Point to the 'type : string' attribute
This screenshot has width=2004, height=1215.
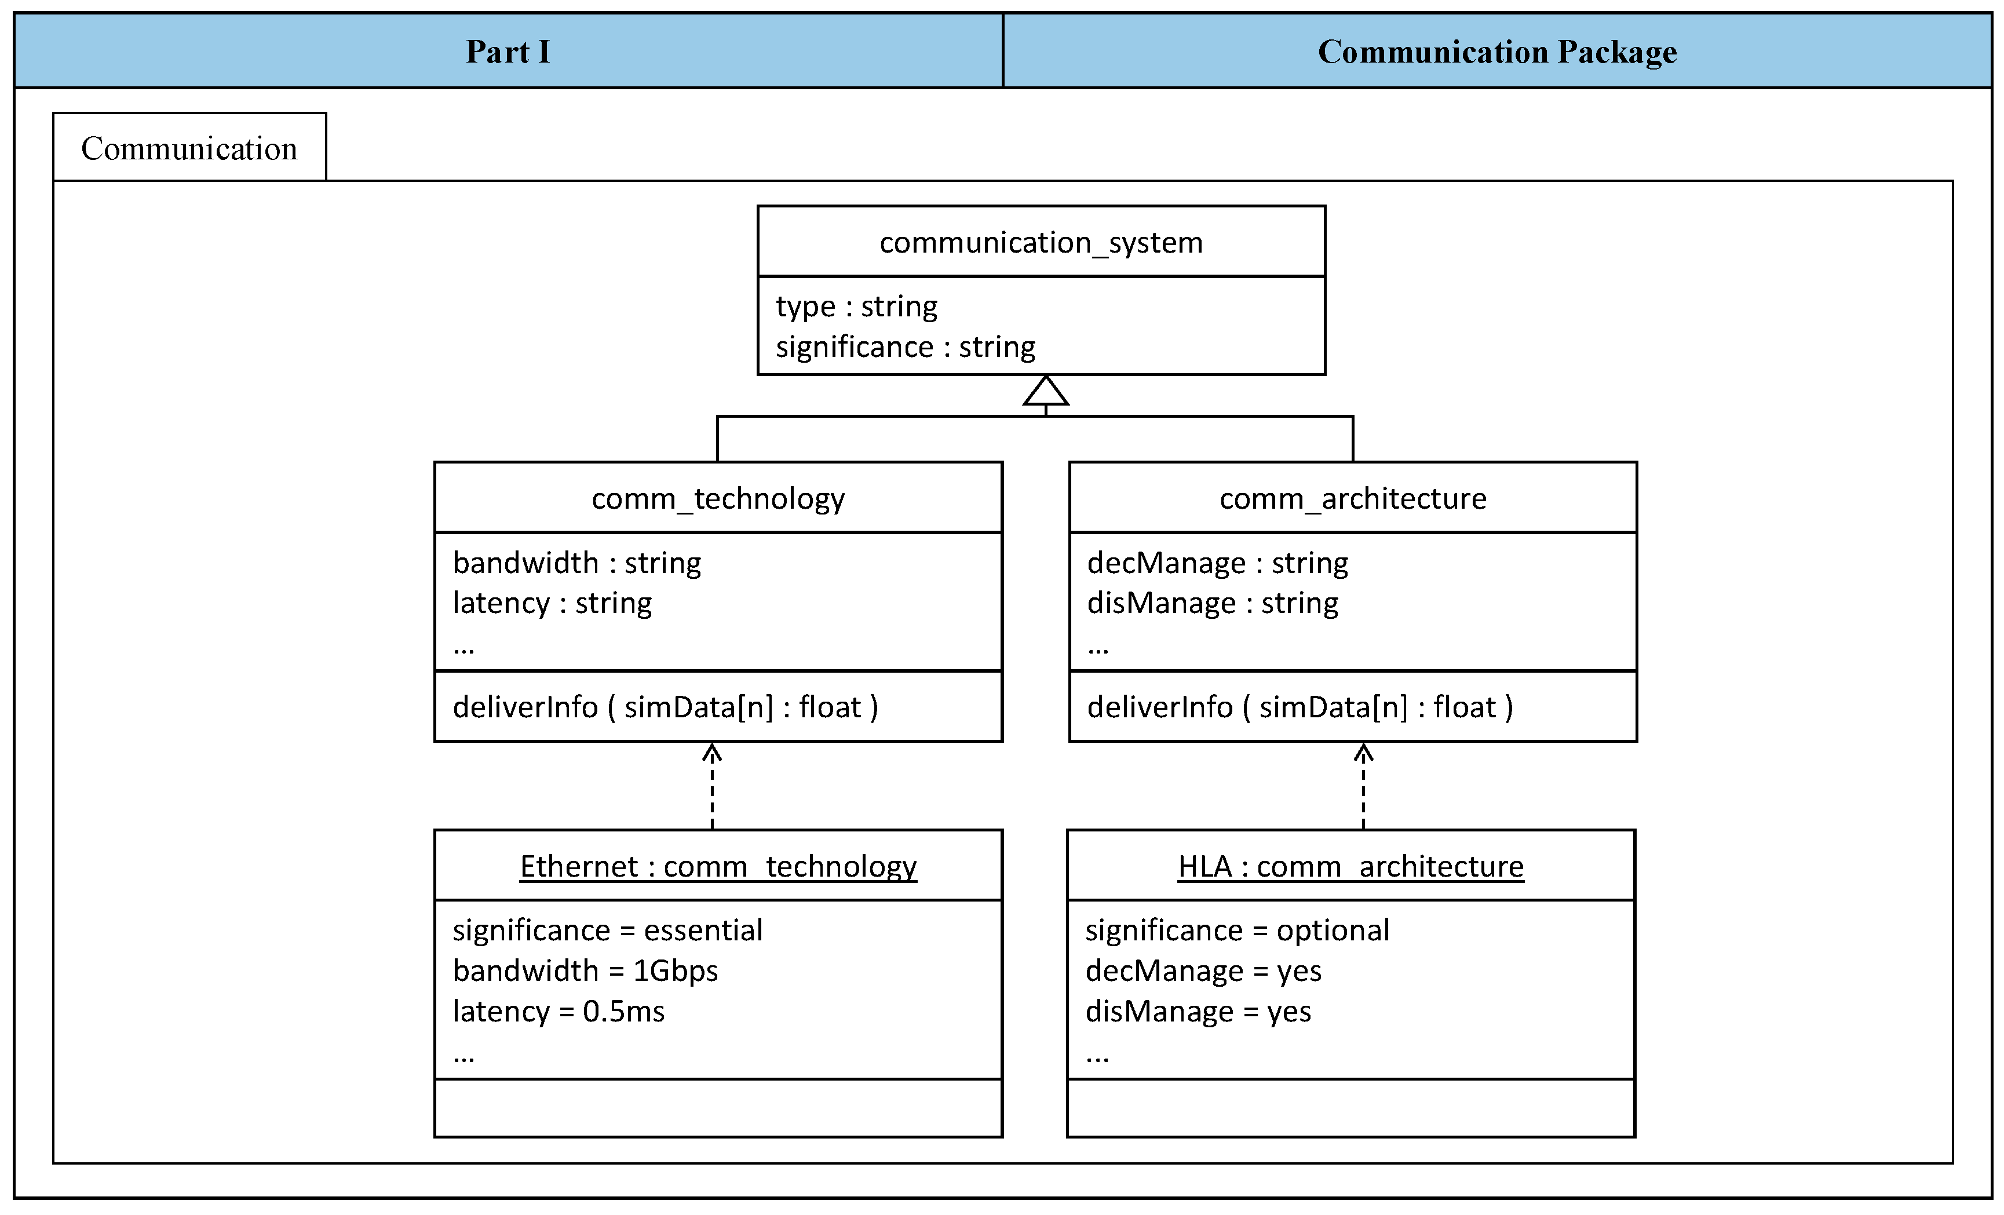856,307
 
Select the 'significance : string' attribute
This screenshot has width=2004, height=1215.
904,347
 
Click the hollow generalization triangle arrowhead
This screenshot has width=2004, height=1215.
1045,391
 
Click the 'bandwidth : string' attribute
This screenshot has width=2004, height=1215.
576,563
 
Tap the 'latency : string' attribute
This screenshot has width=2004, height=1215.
552,603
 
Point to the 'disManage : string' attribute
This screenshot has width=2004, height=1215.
1212,603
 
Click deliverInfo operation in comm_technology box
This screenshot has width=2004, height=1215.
665,707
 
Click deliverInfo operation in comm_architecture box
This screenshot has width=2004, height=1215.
1299,707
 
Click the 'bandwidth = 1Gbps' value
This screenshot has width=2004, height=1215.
585,971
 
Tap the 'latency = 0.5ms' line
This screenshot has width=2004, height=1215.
558,1012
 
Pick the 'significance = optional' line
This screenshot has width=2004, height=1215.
1236,931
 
